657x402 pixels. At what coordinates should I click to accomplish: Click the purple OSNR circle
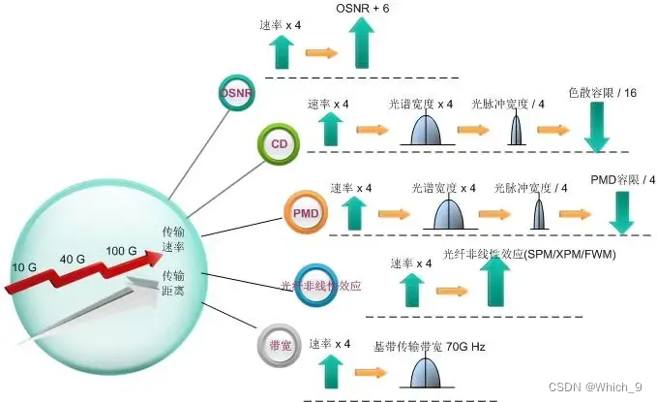click(x=236, y=93)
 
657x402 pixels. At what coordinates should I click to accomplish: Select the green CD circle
click(x=280, y=144)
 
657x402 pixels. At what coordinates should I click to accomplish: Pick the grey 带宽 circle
click(x=280, y=344)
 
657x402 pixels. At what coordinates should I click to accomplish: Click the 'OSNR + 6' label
click(x=363, y=9)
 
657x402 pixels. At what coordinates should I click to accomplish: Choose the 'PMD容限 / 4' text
click(x=622, y=179)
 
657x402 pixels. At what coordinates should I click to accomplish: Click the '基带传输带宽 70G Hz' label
click(x=429, y=345)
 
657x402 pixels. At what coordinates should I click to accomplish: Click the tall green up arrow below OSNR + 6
click(x=363, y=44)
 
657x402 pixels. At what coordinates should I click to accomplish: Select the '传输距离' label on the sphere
click(x=174, y=282)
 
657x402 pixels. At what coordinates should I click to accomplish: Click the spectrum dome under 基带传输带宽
click(x=425, y=374)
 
